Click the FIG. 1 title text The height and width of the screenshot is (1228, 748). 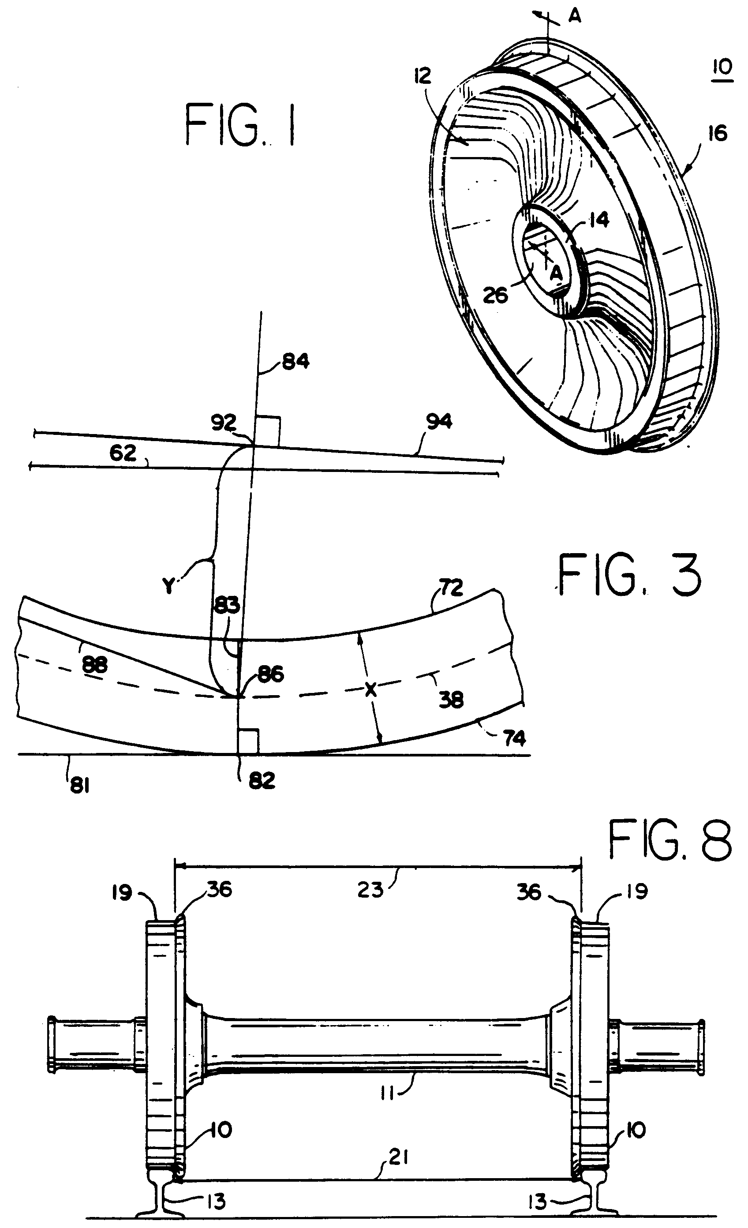(240, 124)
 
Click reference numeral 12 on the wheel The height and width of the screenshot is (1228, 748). (422, 76)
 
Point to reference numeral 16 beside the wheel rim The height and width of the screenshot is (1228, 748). (718, 133)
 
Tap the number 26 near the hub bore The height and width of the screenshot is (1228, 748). (495, 295)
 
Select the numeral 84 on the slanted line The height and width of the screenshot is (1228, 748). (295, 361)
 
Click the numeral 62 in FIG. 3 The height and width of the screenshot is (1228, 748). (123, 453)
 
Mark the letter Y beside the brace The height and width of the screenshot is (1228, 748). (169, 586)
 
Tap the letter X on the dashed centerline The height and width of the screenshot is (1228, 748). (371, 690)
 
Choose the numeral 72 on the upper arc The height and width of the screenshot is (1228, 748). (451, 588)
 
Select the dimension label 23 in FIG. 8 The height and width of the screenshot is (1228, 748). (370, 890)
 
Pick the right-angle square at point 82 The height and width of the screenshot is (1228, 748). (248, 741)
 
